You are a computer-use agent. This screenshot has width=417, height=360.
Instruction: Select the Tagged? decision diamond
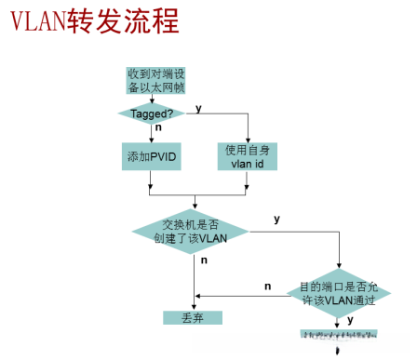[x=151, y=113]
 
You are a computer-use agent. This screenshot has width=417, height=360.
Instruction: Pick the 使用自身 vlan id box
[x=249, y=155]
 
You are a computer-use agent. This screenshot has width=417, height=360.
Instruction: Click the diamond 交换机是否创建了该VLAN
[x=195, y=231]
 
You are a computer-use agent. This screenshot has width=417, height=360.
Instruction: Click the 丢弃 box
[x=194, y=316]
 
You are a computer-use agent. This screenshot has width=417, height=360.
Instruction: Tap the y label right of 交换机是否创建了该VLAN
[x=276, y=220]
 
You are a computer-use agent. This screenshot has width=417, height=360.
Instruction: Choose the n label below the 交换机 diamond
[x=204, y=262]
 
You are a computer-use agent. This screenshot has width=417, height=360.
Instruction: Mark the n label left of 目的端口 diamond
[x=268, y=286]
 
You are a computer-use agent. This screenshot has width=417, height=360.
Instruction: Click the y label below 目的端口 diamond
[x=350, y=319]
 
